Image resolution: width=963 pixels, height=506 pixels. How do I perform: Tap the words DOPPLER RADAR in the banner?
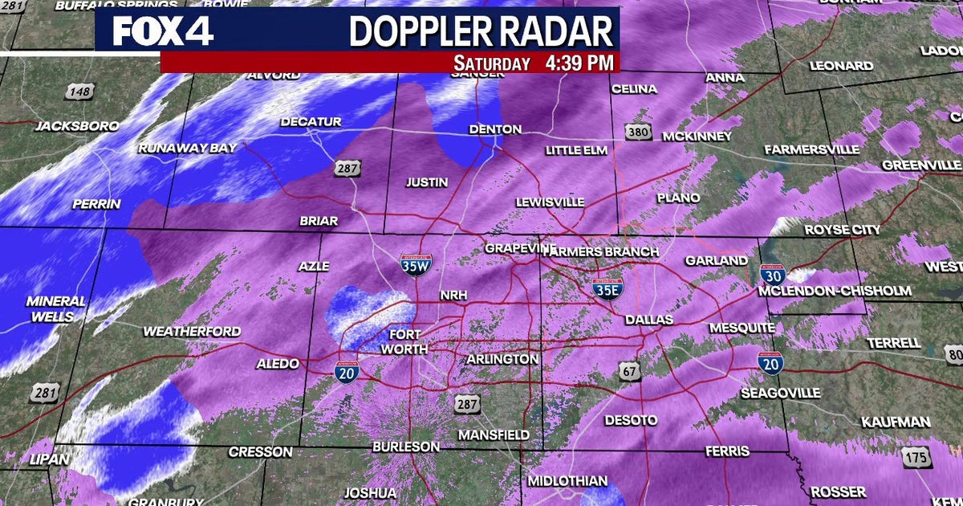(x=481, y=31)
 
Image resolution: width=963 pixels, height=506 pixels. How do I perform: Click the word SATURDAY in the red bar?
(x=492, y=63)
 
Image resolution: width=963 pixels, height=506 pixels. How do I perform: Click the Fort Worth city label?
(x=404, y=341)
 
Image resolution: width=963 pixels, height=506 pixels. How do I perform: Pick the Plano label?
(x=678, y=198)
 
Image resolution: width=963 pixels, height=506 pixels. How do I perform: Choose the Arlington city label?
(x=503, y=359)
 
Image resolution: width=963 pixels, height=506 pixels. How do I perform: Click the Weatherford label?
(x=192, y=331)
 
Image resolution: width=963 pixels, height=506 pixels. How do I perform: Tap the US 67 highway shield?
(x=629, y=370)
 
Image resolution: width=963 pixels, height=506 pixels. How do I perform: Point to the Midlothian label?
(x=568, y=480)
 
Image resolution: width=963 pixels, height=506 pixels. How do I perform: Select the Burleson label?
(x=406, y=447)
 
